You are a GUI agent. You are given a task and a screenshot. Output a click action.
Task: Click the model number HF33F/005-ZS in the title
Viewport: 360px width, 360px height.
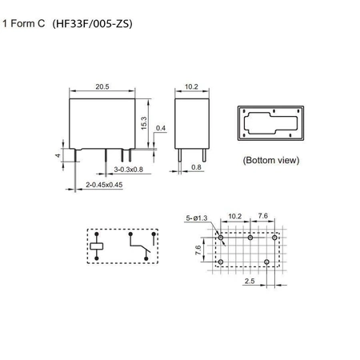93,24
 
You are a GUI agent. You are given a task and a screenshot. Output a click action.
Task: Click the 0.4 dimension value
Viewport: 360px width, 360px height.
162,128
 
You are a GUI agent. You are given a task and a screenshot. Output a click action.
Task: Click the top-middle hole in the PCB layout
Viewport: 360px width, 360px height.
250,238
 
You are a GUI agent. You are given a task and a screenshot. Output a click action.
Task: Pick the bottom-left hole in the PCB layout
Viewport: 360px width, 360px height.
220,262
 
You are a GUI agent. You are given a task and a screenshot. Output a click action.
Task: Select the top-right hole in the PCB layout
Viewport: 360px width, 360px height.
274,238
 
